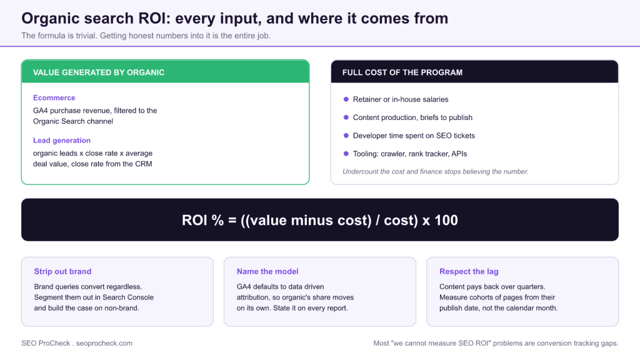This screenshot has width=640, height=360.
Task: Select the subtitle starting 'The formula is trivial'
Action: pos(146,36)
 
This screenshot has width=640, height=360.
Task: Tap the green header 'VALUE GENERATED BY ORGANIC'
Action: pos(99,72)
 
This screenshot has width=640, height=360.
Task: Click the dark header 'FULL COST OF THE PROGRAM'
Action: pos(402,72)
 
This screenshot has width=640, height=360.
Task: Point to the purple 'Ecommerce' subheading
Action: pos(54,98)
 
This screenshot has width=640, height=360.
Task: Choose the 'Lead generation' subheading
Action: pos(62,141)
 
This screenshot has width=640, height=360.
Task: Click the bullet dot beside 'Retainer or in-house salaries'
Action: pos(346,99)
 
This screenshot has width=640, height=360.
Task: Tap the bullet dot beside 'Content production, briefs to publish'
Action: pos(346,117)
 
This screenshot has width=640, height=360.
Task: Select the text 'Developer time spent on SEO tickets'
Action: pos(414,136)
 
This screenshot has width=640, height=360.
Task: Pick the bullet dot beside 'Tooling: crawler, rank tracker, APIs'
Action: pos(346,154)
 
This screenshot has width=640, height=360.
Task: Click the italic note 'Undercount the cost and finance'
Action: pos(436,172)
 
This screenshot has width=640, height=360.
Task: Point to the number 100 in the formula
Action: pos(446,221)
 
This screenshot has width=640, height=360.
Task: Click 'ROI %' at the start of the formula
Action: pos(203,221)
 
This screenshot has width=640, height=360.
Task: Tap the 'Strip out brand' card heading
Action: pos(63,271)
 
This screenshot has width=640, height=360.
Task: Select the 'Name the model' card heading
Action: pos(267,271)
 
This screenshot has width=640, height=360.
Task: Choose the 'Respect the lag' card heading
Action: pos(469,271)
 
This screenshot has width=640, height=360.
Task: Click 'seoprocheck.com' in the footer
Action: pos(104,343)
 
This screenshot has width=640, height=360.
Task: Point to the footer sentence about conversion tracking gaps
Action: pos(496,343)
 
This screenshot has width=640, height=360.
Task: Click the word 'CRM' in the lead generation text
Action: pos(144,164)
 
